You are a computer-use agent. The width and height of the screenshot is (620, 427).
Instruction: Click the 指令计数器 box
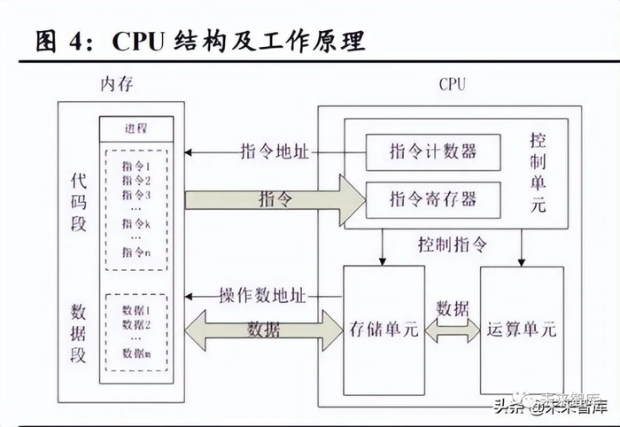click(432, 151)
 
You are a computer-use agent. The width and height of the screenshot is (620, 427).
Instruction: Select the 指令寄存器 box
click(432, 198)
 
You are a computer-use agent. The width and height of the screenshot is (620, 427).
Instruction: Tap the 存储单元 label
click(384, 330)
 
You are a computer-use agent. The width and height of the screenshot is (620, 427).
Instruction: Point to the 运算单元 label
click(521, 330)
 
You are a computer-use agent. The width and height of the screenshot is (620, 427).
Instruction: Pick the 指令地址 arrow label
click(275, 151)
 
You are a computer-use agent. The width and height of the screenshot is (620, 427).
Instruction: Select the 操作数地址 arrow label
click(262, 296)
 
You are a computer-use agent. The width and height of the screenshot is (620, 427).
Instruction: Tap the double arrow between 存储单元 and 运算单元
click(452, 330)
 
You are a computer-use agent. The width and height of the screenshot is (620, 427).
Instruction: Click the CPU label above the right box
click(452, 85)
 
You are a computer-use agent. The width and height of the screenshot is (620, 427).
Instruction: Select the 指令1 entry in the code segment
click(136, 166)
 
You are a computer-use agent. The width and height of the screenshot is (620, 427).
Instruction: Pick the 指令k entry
click(136, 222)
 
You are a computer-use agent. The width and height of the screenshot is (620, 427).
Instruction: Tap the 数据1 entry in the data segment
click(136, 310)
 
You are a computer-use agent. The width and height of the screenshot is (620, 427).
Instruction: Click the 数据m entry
click(136, 353)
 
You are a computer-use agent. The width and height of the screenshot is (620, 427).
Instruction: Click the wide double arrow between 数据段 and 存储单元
click(263, 330)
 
